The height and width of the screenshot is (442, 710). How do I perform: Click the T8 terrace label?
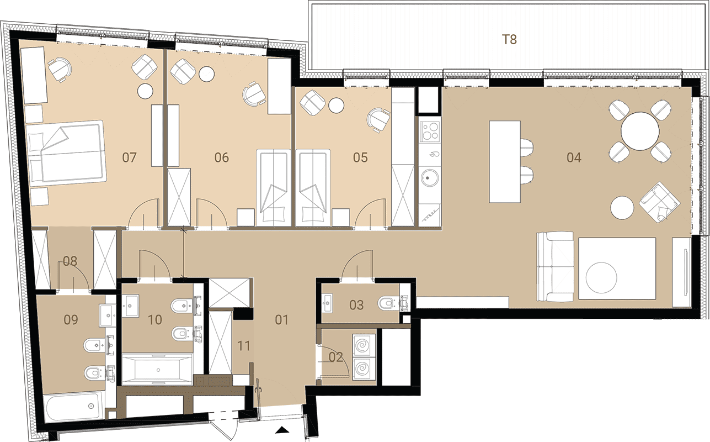point(509,40)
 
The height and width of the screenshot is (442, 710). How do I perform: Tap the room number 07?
point(129,157)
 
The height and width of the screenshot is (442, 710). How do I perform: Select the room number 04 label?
point(574,157)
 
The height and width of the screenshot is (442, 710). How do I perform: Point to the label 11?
point(243,346)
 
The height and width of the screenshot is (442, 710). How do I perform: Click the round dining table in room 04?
point(640,131)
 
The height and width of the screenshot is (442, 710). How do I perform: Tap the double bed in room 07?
point(66,153)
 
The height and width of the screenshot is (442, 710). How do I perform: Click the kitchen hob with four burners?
point(430,131)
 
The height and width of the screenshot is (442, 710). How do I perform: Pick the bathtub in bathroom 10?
point(158,369)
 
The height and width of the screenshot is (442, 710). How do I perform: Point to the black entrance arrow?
point(282,430)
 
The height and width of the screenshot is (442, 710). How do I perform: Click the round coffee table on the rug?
point(601,277)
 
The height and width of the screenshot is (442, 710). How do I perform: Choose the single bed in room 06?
point(273,187)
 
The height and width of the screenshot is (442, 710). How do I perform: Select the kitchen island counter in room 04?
point(505,162)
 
